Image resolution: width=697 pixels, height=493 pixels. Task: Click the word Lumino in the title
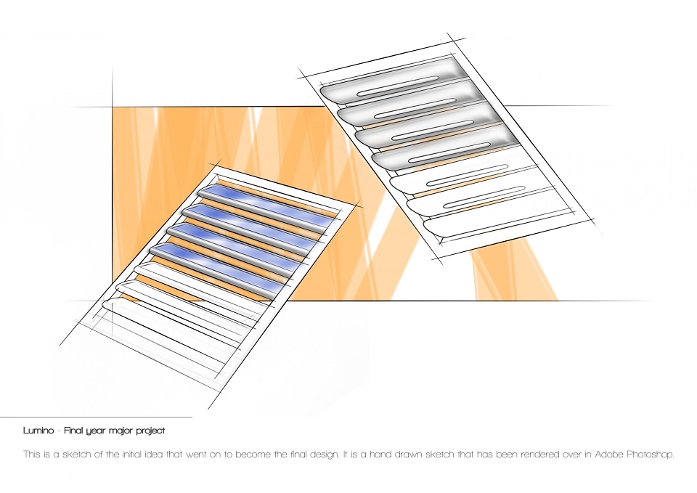[38, 431]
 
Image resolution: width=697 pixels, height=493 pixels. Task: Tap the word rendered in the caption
[539, 455]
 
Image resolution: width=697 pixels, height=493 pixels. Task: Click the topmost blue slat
[265, 205]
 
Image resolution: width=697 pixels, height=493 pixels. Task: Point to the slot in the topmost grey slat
[399, 86]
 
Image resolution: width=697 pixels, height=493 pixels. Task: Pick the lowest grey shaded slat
[445, 150]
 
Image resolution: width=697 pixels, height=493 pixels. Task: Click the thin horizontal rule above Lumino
[96, 417]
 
